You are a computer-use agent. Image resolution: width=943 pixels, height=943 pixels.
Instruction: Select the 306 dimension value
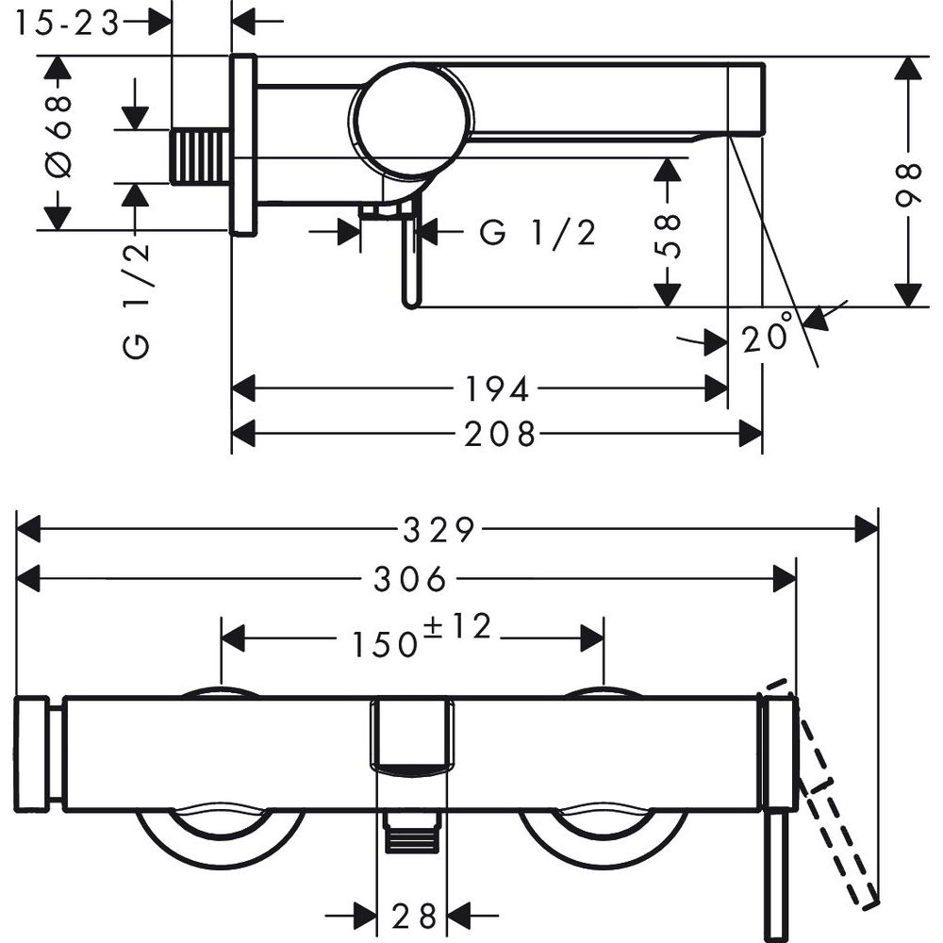point(408,580)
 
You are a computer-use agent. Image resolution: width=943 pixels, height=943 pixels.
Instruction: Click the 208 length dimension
point(500,434)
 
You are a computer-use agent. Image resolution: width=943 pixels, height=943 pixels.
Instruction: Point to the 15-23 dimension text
point(68,23)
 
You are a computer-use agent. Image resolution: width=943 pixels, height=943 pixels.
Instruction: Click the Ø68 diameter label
point(58,141)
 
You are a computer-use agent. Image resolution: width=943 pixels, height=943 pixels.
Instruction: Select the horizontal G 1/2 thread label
point(538,232)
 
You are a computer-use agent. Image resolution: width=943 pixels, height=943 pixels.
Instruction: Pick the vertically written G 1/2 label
point(137,299)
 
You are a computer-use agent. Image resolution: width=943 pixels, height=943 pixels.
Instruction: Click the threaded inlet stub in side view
point(200,157)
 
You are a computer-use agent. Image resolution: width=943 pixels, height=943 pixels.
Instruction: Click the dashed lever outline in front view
point(835,792)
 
